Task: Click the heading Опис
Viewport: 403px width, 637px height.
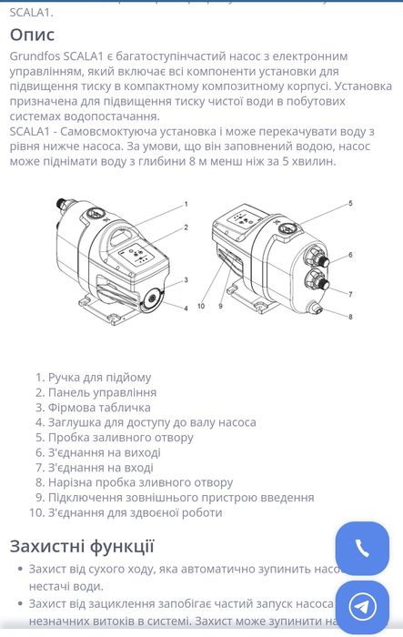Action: pos(32,35)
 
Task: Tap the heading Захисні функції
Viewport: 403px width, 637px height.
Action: pos(82,546)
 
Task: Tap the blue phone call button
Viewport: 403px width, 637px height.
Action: pos(362,548)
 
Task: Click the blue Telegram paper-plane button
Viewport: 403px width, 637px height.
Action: pos(362,607)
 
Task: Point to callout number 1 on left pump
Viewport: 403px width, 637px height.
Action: pos(186,204)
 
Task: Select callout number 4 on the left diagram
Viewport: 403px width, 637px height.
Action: pos(186,308)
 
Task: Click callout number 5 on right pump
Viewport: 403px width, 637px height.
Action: pos(349,203)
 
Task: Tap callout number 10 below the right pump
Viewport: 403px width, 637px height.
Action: pos(203,306)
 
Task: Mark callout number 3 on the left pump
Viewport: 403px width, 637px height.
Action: pos(186,280)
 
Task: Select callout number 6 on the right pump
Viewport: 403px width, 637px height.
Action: pos(349,256)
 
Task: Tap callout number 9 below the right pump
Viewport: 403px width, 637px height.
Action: pos(220,306)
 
